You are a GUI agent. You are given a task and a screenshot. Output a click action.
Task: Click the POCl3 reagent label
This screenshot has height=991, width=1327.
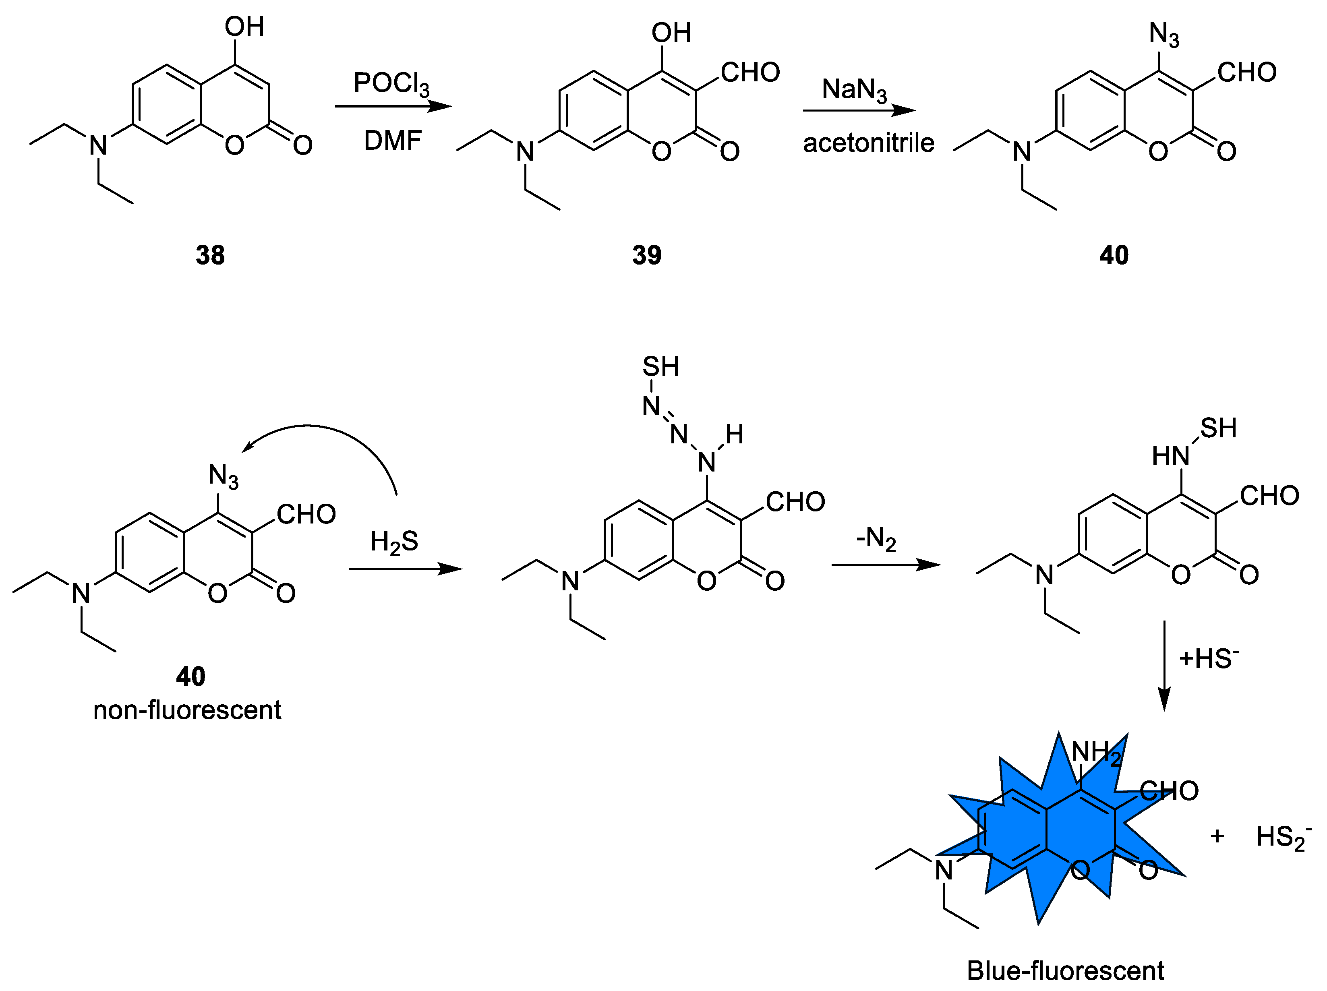point(391,84)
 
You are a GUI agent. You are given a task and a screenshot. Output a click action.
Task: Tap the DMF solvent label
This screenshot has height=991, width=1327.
point(393,141)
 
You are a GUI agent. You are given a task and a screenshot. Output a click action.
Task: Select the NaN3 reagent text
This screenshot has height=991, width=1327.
point(854,90)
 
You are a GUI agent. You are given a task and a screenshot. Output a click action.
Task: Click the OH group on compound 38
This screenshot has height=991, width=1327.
point(244,27)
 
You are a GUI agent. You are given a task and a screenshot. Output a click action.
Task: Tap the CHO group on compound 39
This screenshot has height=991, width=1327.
point(750,72)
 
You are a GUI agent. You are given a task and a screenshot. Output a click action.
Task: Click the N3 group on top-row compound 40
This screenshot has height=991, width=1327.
point(1164,34)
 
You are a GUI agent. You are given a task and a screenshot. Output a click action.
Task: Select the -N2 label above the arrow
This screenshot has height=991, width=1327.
point(876,539)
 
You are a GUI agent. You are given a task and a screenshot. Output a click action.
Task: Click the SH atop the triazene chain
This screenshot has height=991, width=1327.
point(660,366)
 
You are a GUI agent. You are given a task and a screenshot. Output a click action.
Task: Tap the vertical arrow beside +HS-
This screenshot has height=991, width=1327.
point(1164,666)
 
